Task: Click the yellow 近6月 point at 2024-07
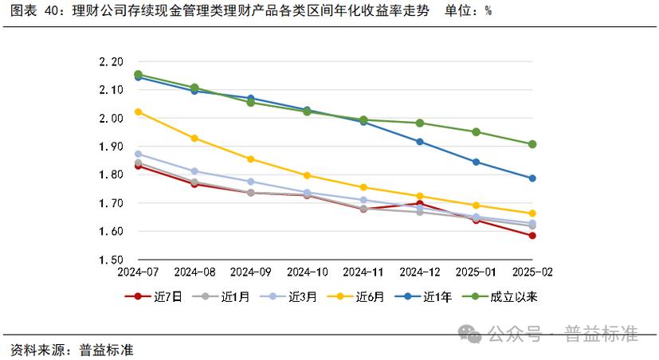point(138,112)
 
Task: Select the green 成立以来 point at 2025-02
point(532,144)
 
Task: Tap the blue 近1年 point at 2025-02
point(532,178)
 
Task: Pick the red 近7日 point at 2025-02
point(532,236)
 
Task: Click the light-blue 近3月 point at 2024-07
point(138,155)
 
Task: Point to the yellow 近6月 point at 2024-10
point(307,175)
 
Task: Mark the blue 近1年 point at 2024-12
point(420,142)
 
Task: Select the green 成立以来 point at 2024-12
point(420,123)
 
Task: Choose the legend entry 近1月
point(222,297)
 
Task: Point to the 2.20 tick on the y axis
point(111,61)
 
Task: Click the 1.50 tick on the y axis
point(111,260)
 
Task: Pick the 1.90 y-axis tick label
point(111,147)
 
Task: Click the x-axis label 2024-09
point(250,272)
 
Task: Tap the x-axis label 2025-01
point(476,272)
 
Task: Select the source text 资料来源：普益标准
point(72,350)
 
